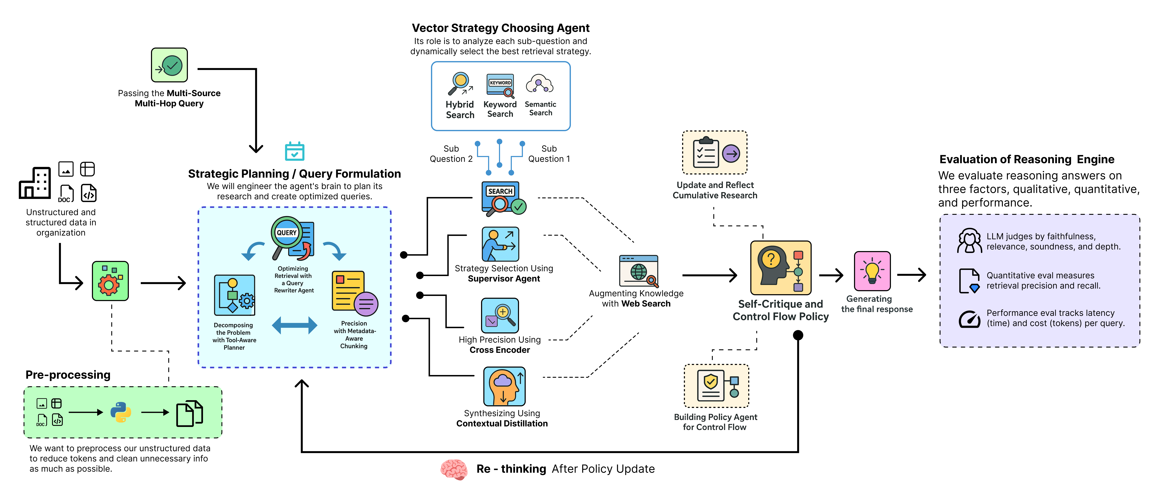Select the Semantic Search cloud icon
click(x=540, y=84)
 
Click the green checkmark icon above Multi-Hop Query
click(x=169, y=65)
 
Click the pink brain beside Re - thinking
click(x=454, y=469)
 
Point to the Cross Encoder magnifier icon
click(x=500, y=315)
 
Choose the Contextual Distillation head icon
click(x=504, y=386)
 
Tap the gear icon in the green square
click(x=110, y=281)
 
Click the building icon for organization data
click(x=35, y=183)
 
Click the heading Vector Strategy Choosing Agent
click(x=500, y=28)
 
